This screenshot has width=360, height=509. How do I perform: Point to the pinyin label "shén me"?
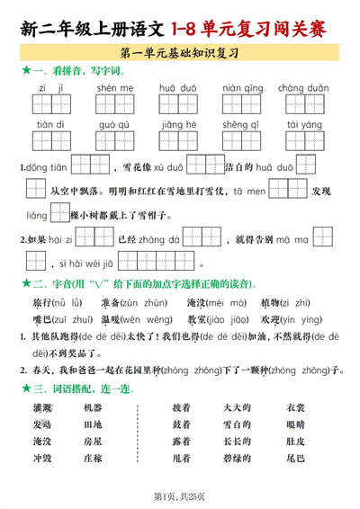point(114,88)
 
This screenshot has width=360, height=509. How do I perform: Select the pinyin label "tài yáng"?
point(299,124)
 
